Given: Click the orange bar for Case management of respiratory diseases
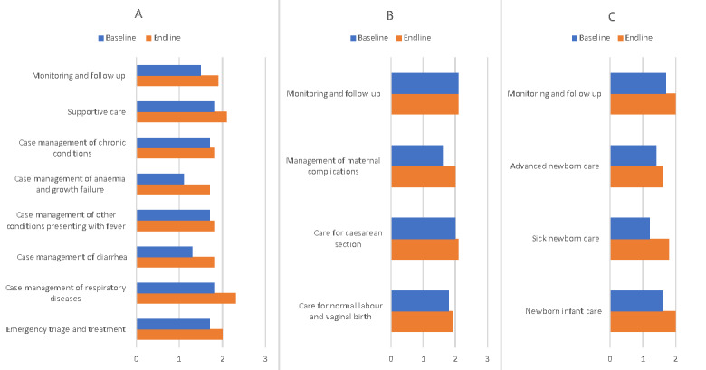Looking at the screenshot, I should point(186,298).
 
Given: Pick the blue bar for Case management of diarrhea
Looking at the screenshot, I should point(164,251).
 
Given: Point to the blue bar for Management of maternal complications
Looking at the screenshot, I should point(416,156).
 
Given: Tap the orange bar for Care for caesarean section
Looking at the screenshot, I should point(425,250).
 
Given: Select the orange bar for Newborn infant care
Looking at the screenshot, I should point(643,322).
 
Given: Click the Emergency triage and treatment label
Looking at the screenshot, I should point(65,328).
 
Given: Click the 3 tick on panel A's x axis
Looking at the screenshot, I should point(264,358).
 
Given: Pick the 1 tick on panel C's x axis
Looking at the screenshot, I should point(643,358).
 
